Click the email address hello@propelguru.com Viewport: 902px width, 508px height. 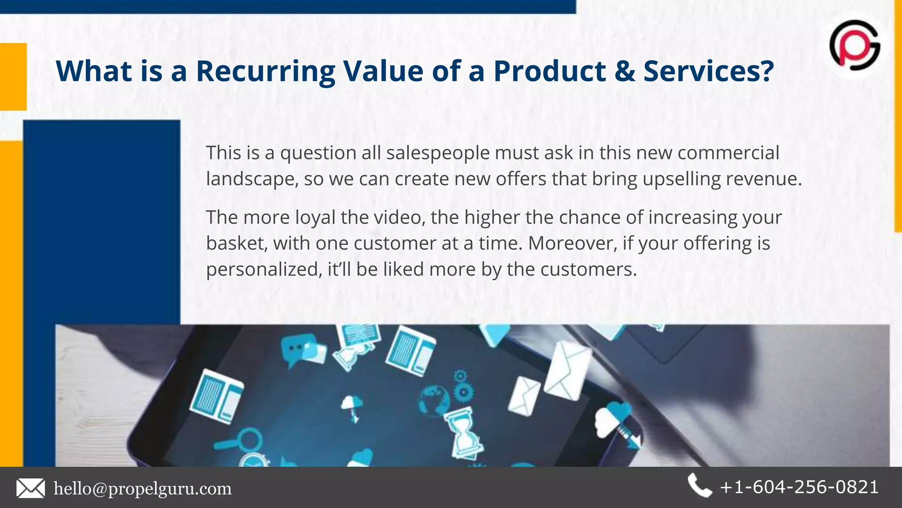pyautogui.click(x=142, y=489)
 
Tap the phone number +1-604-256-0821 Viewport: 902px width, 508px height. pyautogui.click(x=799, y=487)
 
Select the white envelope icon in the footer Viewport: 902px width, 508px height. pyautogui.click(x=30, y=489)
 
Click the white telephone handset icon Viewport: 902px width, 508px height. pyautogui.click(x=699, y=486)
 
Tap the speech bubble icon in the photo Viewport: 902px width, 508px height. pyautogui.click(x=299, y=348)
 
